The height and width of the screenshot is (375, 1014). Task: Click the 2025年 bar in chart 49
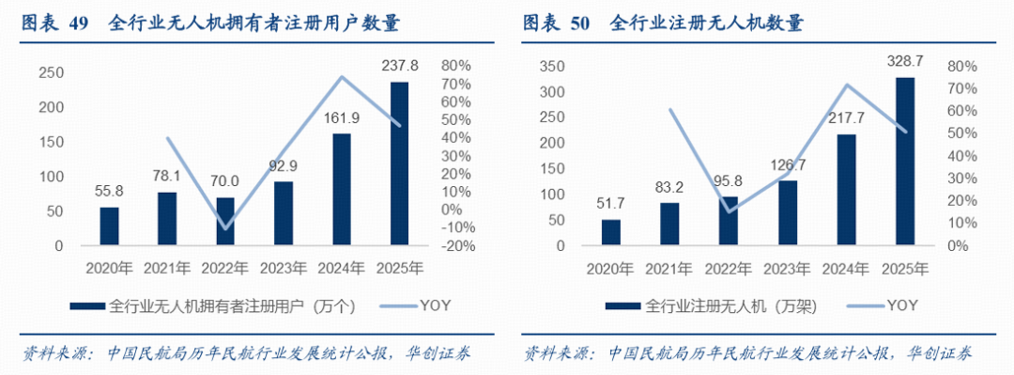click(399, 164)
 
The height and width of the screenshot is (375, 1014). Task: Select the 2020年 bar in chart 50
click(611, 232)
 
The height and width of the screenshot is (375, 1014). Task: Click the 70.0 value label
click(225, 181)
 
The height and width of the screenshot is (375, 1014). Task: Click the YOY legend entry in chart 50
click(880, 305)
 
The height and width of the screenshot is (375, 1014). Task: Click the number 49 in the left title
click(78, 24)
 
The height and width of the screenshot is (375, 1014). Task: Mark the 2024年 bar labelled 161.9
click(342, 189)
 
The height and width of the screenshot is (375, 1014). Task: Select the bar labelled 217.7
click(847, 190)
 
